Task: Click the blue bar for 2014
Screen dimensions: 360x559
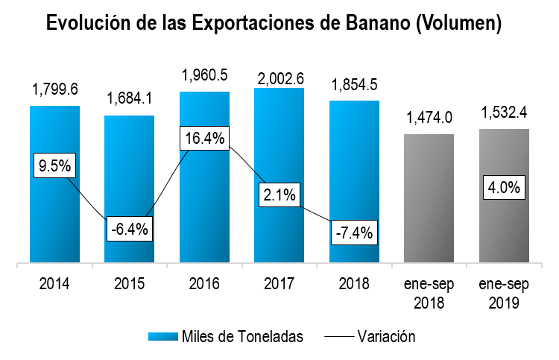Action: [x=54, y=216]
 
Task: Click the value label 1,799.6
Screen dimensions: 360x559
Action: [x=54, y=90]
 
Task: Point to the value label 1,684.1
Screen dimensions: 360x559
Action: [x=129, y=99]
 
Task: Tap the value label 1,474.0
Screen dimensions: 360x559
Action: [x=429, y=118]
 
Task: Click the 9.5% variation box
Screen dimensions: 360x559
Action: [x=54, y=165]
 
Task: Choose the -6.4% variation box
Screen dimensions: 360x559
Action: [x=129, y=228]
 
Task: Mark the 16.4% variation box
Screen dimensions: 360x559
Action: [x=204, y=139]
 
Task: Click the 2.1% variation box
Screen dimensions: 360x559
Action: [x=279, y=195]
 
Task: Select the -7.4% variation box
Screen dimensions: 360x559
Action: [x=354, y=232]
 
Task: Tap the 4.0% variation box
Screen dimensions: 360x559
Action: [x=504, y=186]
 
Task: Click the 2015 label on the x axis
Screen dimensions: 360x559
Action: [x=129, y=283]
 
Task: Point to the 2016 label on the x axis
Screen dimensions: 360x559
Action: [x=204, y=283]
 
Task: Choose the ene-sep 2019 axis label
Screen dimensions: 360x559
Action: [x=504, y=293]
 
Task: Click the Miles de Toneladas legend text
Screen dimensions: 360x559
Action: [x=242, y=336]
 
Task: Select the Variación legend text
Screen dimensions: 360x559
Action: [x=385, y=336]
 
